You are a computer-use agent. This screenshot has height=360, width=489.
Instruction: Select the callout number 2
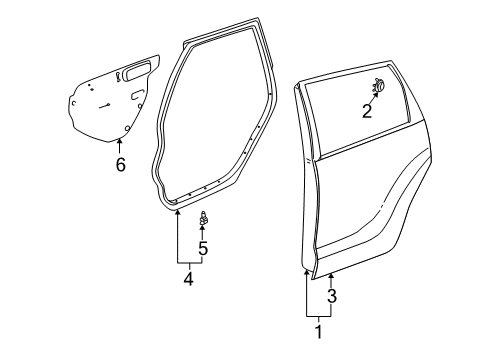point(367,111)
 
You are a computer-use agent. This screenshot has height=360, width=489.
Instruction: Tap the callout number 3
point(332,296)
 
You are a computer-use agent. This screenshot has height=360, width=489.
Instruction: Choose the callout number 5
point(204,248)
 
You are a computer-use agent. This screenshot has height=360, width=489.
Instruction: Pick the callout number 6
point(120,164)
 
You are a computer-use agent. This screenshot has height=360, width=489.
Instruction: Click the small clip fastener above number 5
point(204,217)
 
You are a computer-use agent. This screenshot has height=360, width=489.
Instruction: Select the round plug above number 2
point(379,86)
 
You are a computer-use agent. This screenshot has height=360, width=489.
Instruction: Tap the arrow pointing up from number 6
point(119,146)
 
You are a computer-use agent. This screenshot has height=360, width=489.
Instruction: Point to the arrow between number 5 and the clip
point(204,231)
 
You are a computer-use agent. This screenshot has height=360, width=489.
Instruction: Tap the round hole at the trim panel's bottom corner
point(128,128)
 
